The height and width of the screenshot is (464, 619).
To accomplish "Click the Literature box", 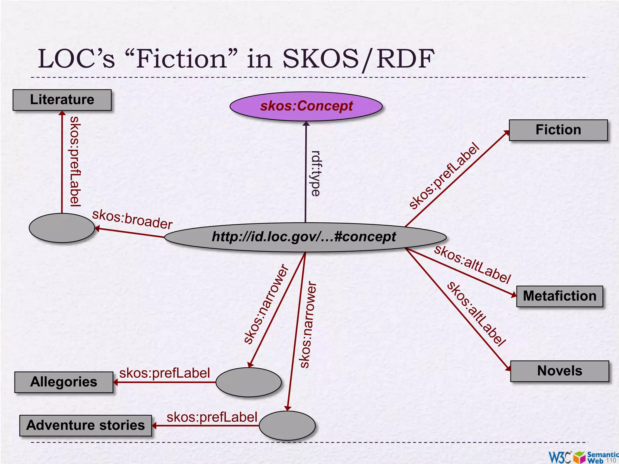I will pyautogui.click(x=62, y=100).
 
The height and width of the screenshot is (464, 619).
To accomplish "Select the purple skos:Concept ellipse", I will pyautogui.click(x=306, y=106).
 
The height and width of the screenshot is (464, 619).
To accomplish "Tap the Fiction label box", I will pyautogui.click(x=558, y=130).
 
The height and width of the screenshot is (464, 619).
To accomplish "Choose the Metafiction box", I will pyautogui.click(x=559, y=296).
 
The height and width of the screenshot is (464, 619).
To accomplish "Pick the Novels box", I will pyautogui.click(x=559, y=371).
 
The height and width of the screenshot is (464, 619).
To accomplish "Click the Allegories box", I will pyautogui.click(x=64, y=382).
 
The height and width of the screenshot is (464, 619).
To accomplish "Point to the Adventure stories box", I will pyautogui.click(x=86, y=425).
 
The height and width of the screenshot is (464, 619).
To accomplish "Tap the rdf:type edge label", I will pyautogui.click(x=316, y=173).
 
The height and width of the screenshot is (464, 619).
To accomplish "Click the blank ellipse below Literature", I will pyautogui.click(x=62, y=228).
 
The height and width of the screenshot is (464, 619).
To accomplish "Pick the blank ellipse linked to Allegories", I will pyautogui.click(x=248, y=382).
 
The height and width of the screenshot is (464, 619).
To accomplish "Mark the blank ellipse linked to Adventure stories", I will pyautogui.click(x=287, y=425).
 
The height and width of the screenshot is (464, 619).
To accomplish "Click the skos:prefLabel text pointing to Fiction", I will pyautogui.click(x=444, y=176).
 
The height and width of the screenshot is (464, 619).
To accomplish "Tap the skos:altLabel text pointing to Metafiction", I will pyautogui.click(x=472, y=264).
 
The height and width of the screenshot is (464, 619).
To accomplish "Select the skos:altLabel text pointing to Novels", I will pyautogui.click(x=476, y=313).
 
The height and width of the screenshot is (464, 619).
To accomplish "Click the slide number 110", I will pyautogui.click(x=611, y=460).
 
